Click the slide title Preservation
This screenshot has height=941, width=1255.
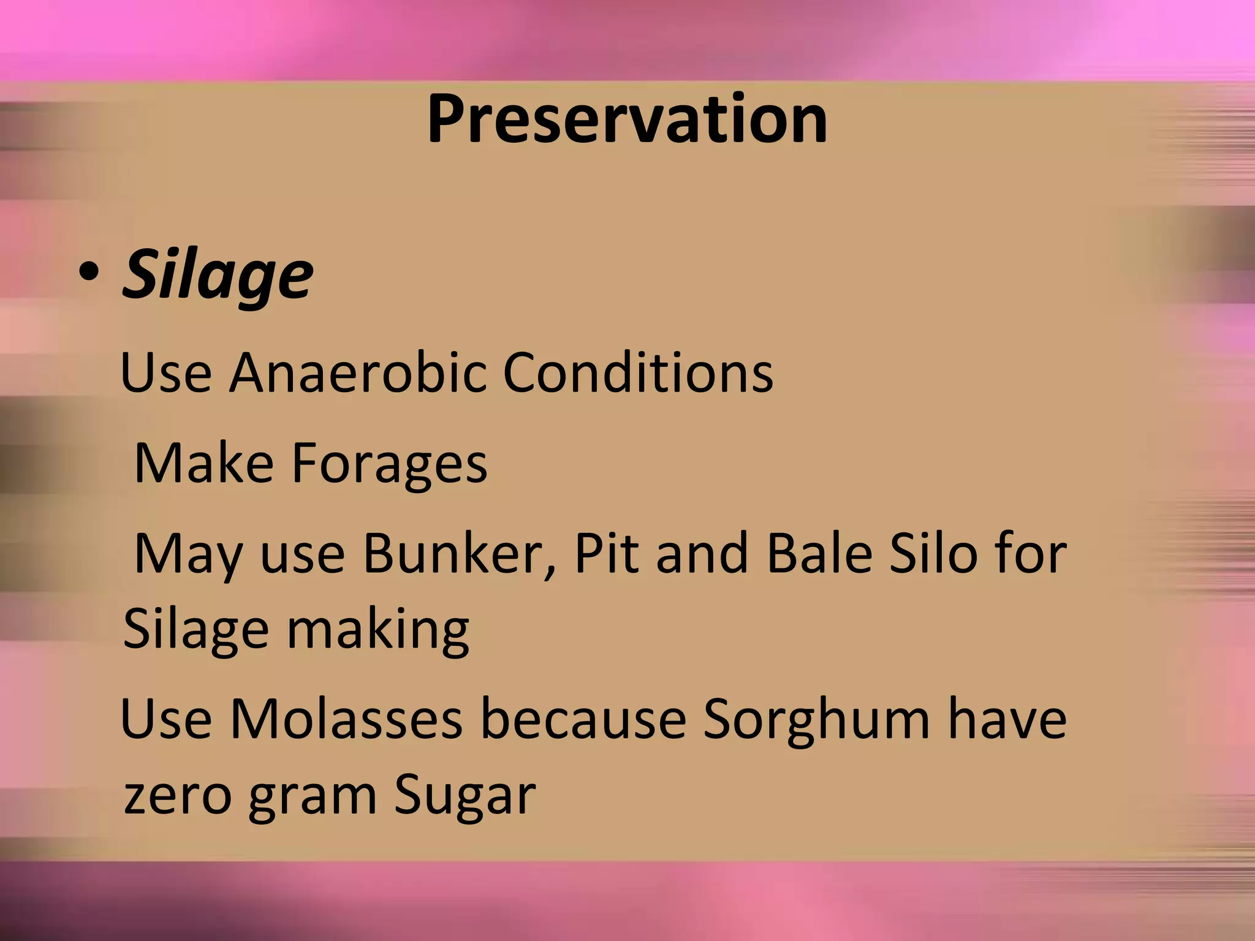(x=627, y=119)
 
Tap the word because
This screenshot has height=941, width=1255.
(x=583, y=719)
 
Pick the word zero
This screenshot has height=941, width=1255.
(x=177, y=796)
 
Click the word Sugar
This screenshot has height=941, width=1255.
(x=464, y=796)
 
